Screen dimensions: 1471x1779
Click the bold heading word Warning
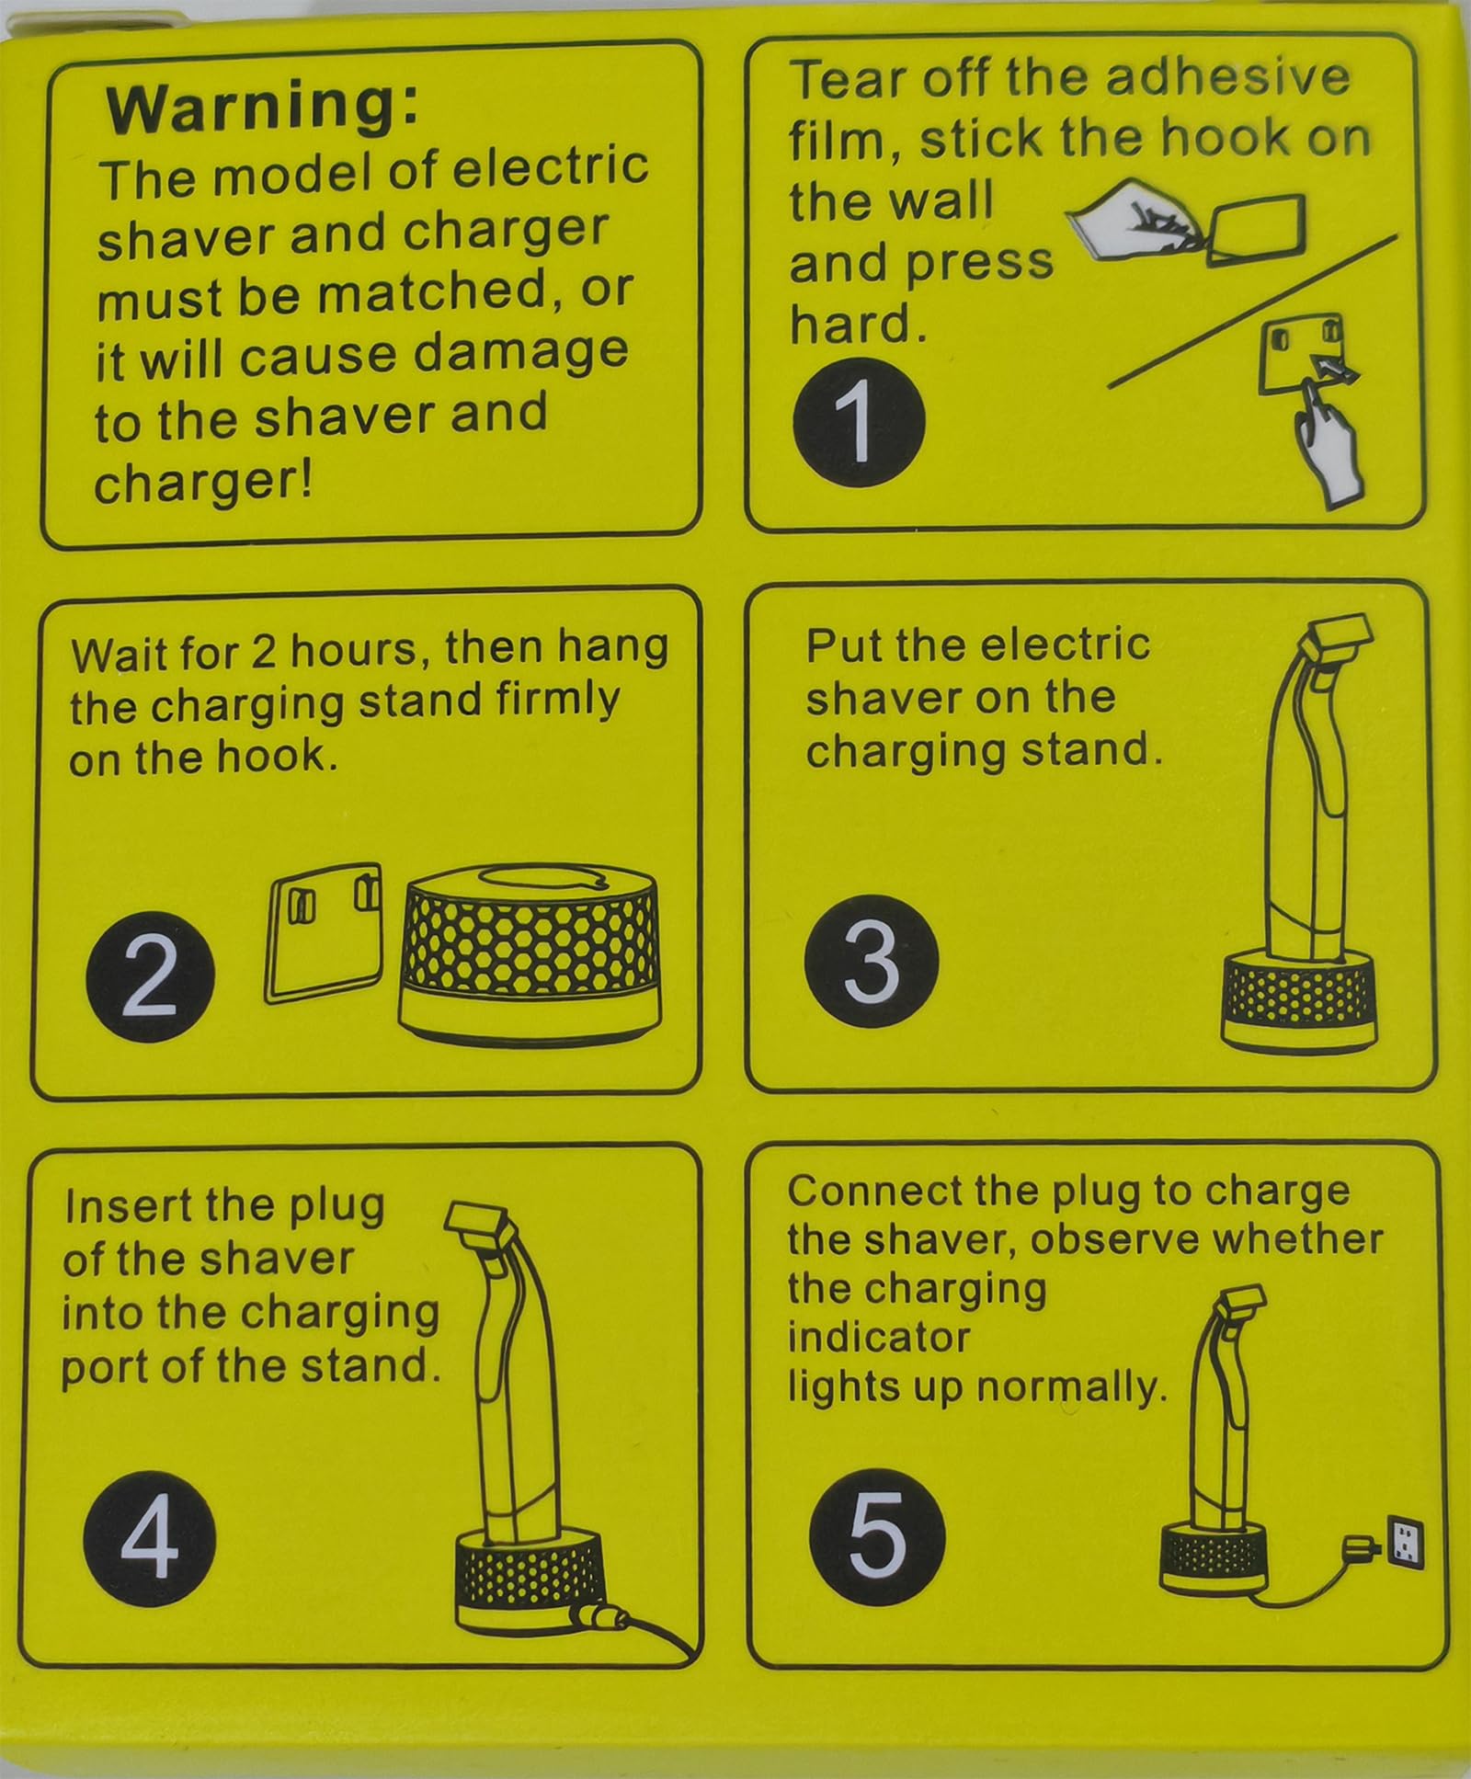point(262,107)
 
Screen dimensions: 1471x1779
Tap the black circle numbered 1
point(858,421)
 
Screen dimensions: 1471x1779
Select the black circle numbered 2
point(150,978)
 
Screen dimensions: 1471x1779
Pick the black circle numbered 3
point(871,962)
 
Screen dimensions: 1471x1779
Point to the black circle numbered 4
point(148,1537)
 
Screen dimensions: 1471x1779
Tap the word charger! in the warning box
point(204,480)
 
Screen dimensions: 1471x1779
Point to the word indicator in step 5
point(879,1337)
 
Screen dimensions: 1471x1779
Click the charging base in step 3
point(1297,1001)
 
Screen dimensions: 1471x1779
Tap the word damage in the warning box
point(521,353)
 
